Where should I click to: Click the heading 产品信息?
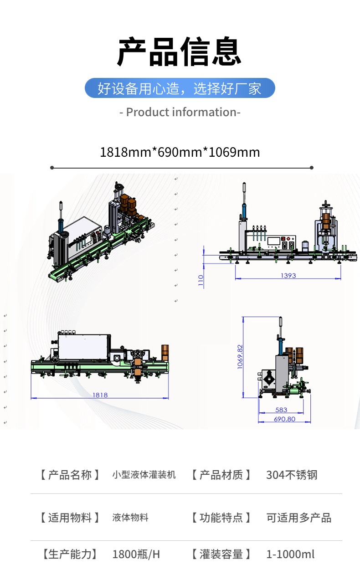click(180, 51)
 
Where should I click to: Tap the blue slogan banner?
click(180, 88)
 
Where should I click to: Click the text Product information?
click(180, 112)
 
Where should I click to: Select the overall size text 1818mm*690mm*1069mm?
click(180, 152)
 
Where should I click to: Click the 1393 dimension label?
click(288, 276)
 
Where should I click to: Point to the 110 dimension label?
click(201, 280)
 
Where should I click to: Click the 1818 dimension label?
click(100, 395)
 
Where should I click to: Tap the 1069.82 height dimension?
click(240, 357)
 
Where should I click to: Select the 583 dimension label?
click(281, 410)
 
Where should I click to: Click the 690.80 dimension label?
click(284, 419)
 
